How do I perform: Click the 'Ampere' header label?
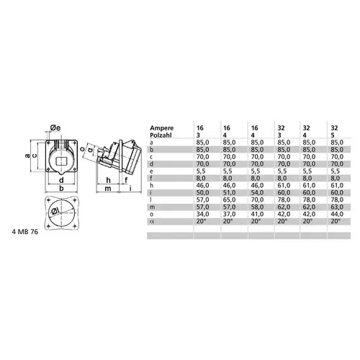(162, 127)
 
